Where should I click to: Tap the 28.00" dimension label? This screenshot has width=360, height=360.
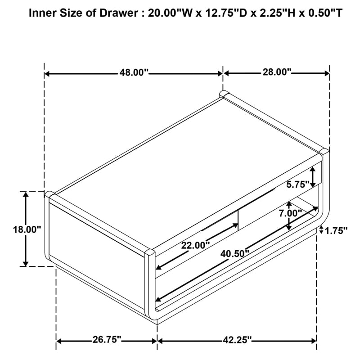click(x=277, y=72)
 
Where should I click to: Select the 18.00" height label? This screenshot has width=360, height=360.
click(x=27, y=229)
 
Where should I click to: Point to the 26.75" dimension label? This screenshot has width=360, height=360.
click(x=107, y=339)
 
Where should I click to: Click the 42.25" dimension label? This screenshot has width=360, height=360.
click(x=238, y=340)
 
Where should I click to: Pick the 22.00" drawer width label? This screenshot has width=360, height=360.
click(x=196, y=245)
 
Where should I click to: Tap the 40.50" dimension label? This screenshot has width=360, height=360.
click(x=235, y=254)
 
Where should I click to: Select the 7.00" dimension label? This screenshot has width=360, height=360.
click(x=290, y=213)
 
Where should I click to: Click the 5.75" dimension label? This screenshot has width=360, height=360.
click(x=298, y=184)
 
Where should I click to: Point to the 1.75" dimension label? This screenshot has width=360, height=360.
click(x=336, y=231)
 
